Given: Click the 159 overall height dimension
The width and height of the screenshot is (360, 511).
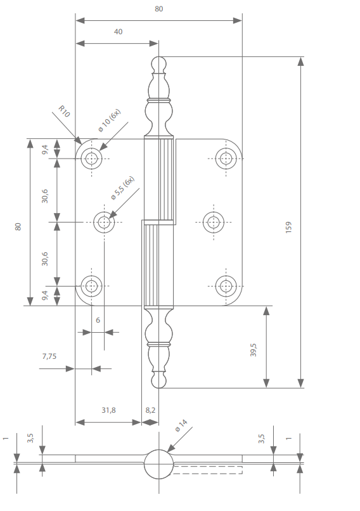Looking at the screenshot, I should click(x=288, y=228).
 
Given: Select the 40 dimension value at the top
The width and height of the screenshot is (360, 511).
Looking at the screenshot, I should click(x=118, y=32).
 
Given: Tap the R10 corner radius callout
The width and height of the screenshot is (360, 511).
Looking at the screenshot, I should click(x=63, y=112).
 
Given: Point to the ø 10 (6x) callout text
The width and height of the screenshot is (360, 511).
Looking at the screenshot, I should click(x=109, y=120).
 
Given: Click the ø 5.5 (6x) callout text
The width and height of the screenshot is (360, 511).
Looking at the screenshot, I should click(x=122, y=187).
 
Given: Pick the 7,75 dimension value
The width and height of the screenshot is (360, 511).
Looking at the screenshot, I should click(x=49, y=356).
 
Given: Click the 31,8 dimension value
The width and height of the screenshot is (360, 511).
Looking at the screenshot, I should click(x=108, y=410).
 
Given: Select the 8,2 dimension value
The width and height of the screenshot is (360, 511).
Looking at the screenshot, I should click(x=150, y=410).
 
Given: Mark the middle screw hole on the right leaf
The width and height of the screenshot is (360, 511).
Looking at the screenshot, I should click(x=214, y=222).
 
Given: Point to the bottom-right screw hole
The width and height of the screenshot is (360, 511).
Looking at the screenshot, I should click(x=226, y=286).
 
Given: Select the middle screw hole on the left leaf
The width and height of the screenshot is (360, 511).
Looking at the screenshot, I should click(x=105, y=222).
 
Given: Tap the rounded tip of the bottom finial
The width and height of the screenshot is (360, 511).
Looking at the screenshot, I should click(x=158, y=381).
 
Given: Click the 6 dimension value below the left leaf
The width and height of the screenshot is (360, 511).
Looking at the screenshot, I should click(x=98, y=320).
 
